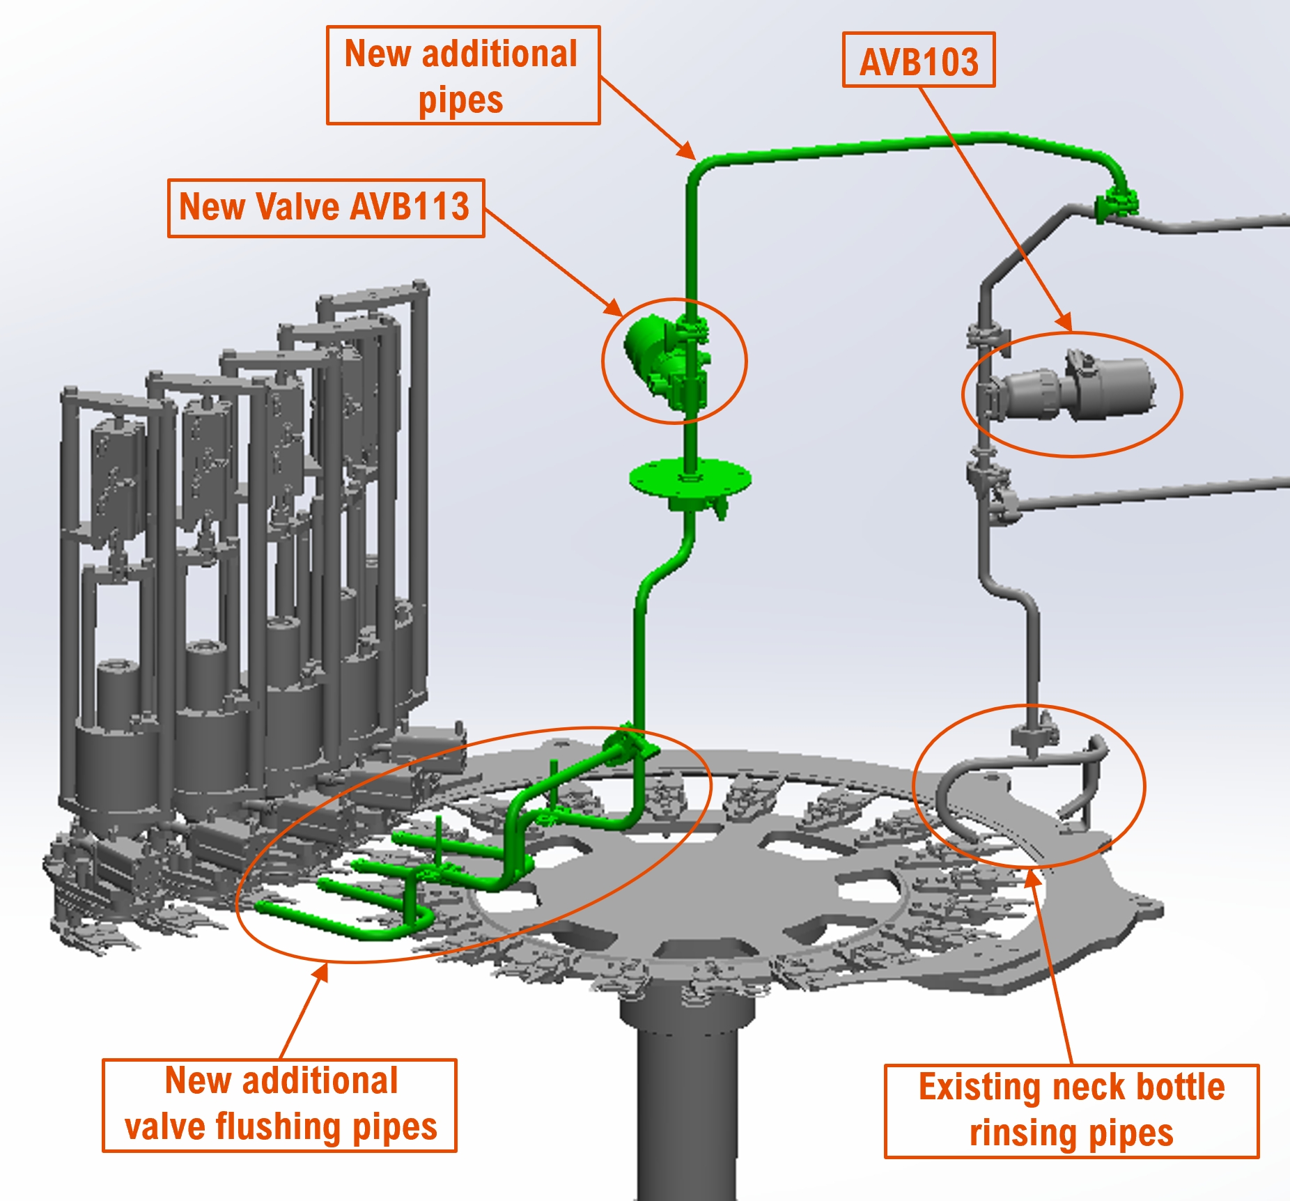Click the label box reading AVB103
tap(919, 60)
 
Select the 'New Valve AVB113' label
tap(326, 208)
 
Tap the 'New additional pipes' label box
tap(463, 75)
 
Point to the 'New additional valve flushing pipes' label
tap(279, 1106)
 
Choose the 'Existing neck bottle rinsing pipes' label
tap(1072, 1111)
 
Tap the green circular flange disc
tap(690, 479)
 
